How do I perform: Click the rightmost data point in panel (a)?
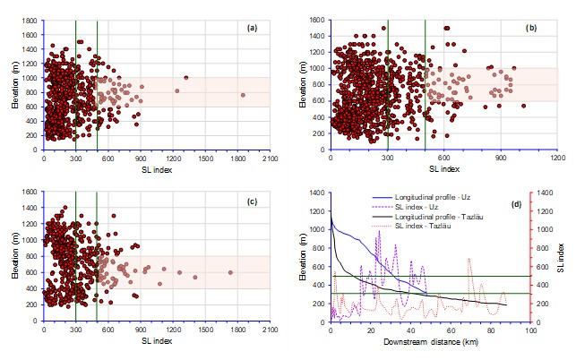point(243,95)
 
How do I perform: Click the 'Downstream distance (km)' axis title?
point(431,342)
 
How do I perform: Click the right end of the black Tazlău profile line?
point(506,305)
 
